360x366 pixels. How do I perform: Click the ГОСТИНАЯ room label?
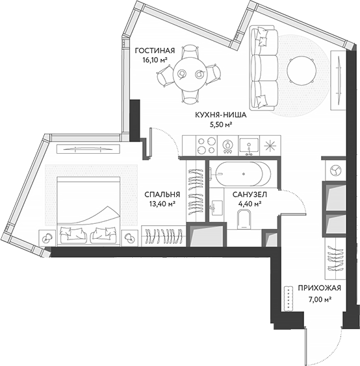click(153, 50)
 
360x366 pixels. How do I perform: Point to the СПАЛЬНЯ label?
click(162, 193)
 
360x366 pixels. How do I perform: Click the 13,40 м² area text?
click(162, 203)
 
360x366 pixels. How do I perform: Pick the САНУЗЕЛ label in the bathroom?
click(247, 193)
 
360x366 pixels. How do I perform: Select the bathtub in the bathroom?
click(240, 175)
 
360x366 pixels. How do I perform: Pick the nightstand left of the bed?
click(47, 238)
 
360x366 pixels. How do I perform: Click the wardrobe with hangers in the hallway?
click(335, 260)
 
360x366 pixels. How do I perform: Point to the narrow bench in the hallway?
click(287, 299)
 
